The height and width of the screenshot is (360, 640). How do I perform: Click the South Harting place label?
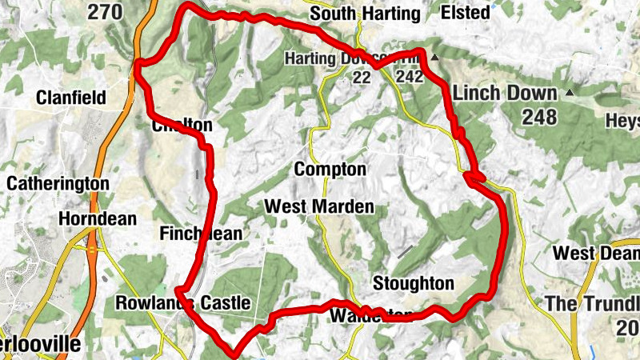[365, 14]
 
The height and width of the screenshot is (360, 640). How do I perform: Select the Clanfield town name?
[71, 98]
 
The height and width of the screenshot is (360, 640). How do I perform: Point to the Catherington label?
[58, 183]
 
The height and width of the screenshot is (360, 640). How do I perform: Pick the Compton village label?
[330, 170]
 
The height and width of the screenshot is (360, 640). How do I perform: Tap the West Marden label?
[319, 206]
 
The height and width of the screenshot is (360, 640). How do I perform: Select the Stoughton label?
[413, 283]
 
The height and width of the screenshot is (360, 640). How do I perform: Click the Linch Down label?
[506, 92]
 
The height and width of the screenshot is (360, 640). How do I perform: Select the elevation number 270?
[106, 12]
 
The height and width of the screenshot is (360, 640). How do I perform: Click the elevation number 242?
[408, 77]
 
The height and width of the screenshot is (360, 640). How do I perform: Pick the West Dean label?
[596, 254]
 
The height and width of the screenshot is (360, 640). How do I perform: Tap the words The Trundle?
[593, 304]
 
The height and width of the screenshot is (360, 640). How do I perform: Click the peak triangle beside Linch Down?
[570, 93]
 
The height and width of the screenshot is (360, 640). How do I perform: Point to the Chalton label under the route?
[182, 126]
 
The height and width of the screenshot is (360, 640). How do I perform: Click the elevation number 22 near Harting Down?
[362, 77]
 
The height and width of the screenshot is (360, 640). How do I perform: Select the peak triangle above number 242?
[434, 58]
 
